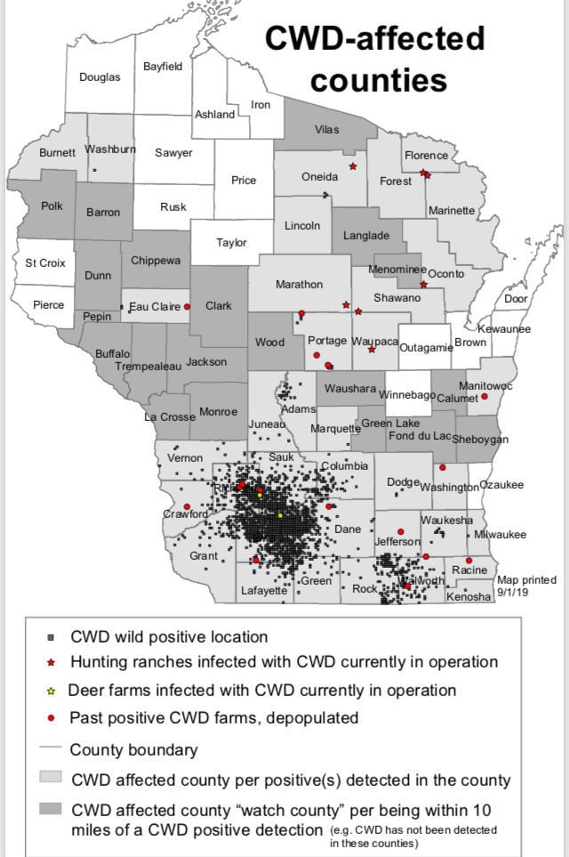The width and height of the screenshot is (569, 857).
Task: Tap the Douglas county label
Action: (x=100, y=77)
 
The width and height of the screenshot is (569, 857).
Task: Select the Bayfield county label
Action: (x=163, y=66)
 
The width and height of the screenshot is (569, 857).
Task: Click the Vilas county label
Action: (x=326, y=129)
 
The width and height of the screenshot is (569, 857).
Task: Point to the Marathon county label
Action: (x=299, y=284)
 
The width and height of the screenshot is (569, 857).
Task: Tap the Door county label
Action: (x=516, y=299)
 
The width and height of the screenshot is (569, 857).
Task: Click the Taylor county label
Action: (x=231, y=243)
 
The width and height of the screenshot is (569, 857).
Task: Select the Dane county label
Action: (x=348, y=530)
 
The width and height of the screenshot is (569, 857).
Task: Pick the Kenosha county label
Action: (x=469, y=596)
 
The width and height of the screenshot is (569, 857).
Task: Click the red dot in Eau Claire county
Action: (x=188, y=306)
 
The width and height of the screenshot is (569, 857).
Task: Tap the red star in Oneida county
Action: (x=353, y=166)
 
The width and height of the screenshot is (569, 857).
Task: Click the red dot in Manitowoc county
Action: (x=485, y=396)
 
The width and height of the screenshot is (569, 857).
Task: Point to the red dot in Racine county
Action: (x=469, y=561)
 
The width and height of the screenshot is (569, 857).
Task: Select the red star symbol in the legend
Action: (x=52, y=663)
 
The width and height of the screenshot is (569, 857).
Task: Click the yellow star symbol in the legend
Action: (x=52, y=691)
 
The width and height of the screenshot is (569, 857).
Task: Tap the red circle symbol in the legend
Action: (x=52, y=717)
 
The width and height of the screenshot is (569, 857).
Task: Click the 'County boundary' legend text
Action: (x=133, y=749)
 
